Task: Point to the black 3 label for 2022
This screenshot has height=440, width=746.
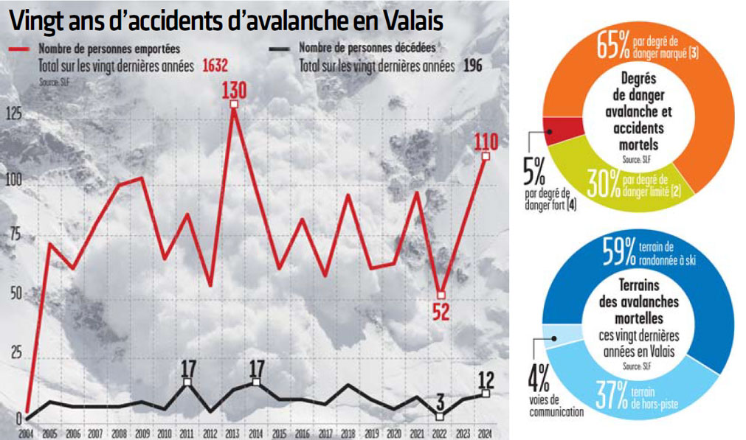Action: click(x=440, y=402)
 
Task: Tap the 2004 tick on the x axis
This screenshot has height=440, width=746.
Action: click(x=26, y=433)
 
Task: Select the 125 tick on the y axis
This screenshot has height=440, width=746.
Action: click(x=13, y=113)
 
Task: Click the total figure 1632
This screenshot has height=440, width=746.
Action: click(x=212, y=66)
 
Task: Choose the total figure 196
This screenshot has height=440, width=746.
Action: click(x=473, y=66)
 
